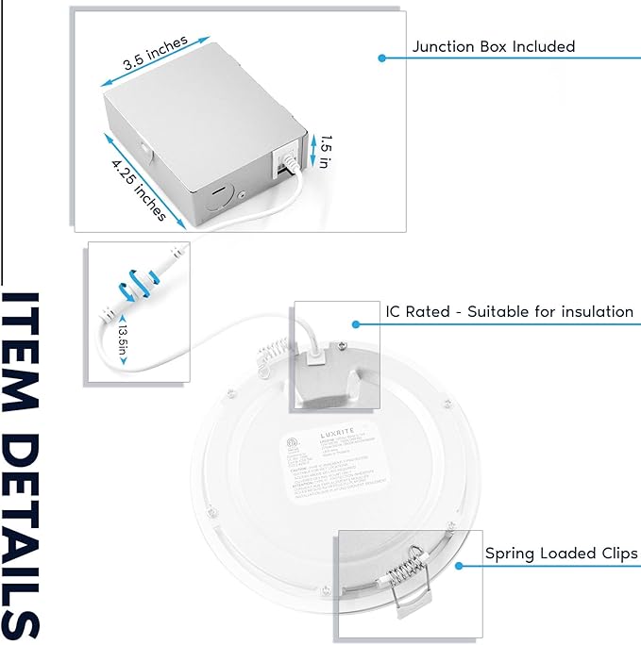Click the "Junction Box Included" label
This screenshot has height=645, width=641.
(x=493, y=46)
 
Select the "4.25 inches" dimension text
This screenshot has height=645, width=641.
(x=138, y=189)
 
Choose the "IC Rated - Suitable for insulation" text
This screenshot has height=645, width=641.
(x=509, y=311)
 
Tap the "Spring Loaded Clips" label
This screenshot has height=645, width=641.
(x=561, y=553)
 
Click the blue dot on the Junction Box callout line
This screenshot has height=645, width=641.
(x=381, y=58)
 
